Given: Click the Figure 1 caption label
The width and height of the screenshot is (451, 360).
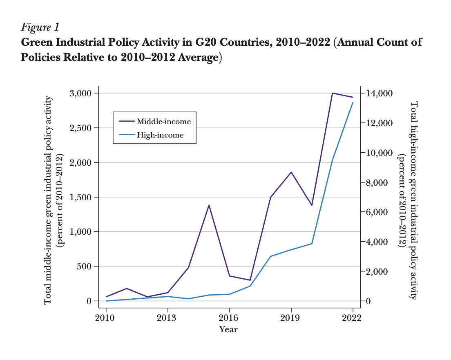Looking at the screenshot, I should click(40, 27).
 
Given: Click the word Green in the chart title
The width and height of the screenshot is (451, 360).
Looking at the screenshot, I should click(36, 42).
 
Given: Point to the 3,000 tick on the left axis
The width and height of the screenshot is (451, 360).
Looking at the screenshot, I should click(80, 93).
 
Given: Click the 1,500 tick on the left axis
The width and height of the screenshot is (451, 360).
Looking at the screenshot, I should click(80, 197).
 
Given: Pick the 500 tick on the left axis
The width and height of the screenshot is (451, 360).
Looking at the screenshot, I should click(85, 267).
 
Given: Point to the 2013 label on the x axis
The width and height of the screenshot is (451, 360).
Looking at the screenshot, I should click(167, 318).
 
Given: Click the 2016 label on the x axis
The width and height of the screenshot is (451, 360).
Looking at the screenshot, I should click(229, 318).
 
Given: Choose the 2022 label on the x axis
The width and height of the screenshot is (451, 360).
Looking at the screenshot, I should click(352, 318).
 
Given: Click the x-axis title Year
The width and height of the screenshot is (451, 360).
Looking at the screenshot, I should click(228, 329).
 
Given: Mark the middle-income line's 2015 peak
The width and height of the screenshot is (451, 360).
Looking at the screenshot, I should click(209, 205).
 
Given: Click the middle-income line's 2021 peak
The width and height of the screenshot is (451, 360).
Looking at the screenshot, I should click(332, 93).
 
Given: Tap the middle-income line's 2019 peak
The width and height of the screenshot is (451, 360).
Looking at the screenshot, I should click(291, 172).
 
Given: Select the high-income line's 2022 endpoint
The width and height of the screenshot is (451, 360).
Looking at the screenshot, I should click(353, 102).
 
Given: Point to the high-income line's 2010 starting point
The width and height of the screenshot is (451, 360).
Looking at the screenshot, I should click(106, 301).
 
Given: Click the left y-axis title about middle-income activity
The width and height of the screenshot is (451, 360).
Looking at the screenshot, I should click(48, 200).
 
